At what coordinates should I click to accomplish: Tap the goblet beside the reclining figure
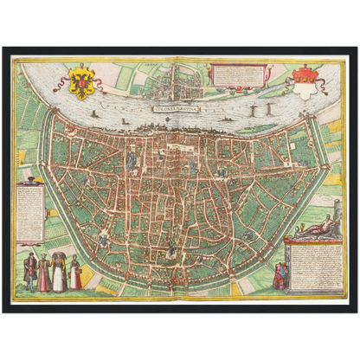298,227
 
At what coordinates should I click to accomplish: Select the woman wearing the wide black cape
59,270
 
